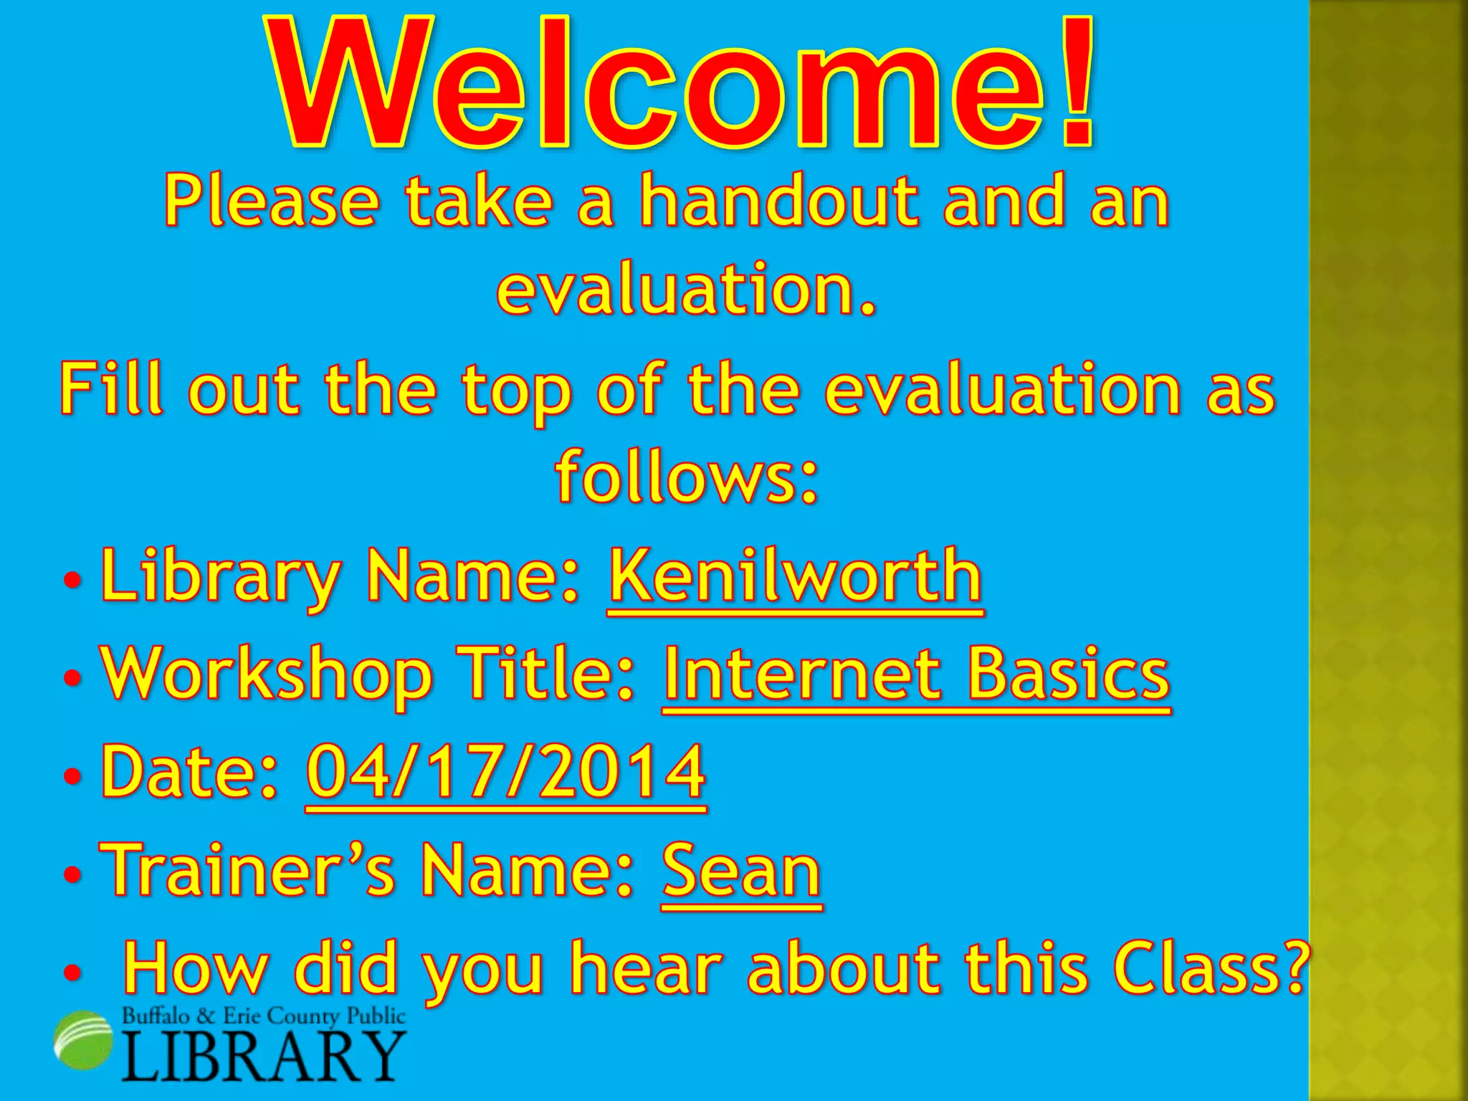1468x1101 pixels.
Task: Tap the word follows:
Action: (687, 477)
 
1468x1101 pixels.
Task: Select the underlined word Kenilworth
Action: (795, 576)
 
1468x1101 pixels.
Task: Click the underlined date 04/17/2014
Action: (506, 772)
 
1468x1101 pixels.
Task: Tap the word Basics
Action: (1068, 674)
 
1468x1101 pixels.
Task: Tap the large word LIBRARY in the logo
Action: (264, 1057)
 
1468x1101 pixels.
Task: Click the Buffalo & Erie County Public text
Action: (264, 1016)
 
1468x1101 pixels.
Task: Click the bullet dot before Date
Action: (72, 776)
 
